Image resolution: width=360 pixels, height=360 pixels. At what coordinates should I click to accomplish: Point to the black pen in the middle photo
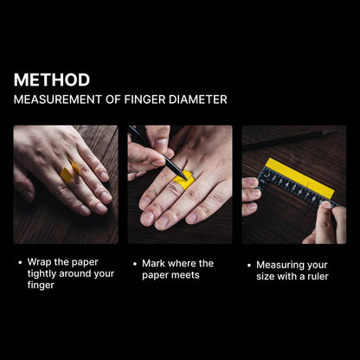[147, 146]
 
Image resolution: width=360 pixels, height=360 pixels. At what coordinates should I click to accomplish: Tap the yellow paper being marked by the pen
[183, 179]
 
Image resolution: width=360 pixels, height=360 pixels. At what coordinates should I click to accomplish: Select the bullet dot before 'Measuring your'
[249, 265]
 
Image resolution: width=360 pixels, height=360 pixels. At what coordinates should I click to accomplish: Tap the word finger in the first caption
[42, 285]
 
